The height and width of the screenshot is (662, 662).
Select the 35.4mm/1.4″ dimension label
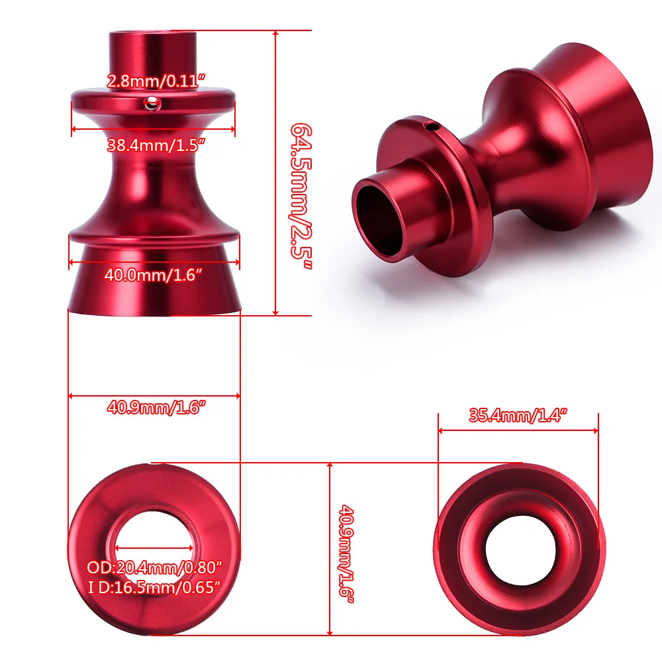click(519, 416)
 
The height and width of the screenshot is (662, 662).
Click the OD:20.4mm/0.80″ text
click(154, 567)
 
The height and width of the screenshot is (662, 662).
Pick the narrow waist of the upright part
click(153, 185)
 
